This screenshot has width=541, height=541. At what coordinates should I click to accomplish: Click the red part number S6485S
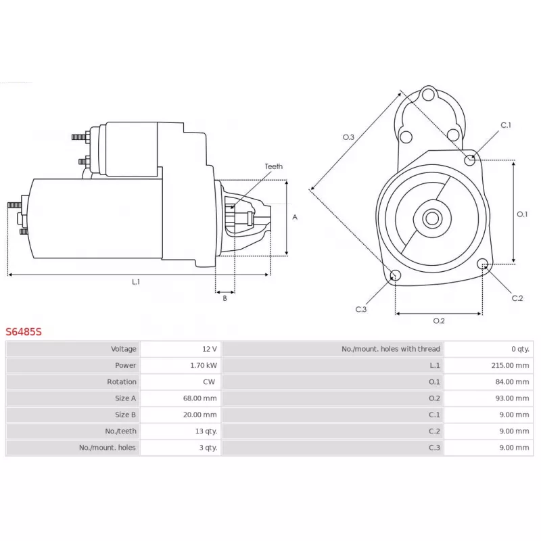click(x=24, y=331)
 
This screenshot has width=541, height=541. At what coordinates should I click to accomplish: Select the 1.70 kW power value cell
click(x=204, y=365)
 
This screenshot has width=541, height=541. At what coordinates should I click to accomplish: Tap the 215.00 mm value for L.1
click(x=510, y=365)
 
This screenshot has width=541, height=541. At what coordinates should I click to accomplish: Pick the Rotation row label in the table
click(x=122, y=381)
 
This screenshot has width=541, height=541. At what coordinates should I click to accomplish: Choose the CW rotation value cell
click(x=209, y=381)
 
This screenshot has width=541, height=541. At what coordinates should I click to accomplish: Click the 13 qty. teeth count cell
click(x=206, y=431)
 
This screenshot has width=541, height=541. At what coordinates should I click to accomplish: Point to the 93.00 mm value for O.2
click(x=512, y=398)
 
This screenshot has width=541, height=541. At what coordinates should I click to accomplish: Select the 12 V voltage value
click(x=210, y=349)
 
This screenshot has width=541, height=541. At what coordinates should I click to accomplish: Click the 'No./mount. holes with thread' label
click(x=391, y=349)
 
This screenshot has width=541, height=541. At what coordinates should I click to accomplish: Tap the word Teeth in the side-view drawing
click(x=274, y=166)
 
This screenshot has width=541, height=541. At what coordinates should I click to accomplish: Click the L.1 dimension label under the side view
click(x=136, y=282)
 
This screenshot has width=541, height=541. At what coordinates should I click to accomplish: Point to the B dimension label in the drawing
click(x=225, y=298)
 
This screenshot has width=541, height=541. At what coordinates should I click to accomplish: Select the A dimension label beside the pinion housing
click(x=295, y=217)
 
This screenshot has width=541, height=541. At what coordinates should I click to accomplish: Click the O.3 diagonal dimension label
click(x=348, y=137)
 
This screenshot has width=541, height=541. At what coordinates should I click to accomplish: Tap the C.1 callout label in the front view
click(x=506, y=125)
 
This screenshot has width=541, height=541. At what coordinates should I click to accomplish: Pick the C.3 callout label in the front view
click(x=361, y=309)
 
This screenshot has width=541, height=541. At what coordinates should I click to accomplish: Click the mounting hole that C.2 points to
click(x=483, y=264)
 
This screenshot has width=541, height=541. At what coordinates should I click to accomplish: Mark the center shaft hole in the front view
click(x=432, y=218)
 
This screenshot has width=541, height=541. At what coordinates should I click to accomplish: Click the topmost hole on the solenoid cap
click(x=428, y=94)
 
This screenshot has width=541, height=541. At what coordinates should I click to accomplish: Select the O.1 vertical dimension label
click(x=522, y=214)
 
